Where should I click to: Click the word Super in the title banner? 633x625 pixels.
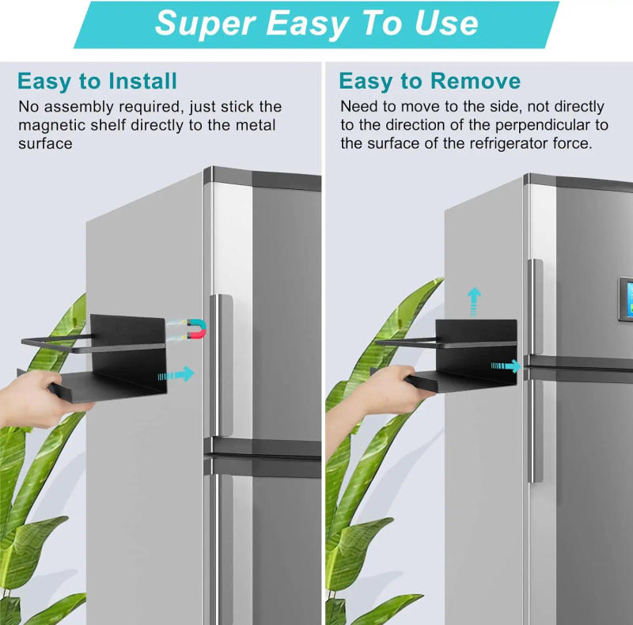205,23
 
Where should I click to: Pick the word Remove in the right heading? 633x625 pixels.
475,81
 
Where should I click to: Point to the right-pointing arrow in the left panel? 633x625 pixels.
176,373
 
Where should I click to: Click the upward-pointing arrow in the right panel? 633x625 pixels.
474,301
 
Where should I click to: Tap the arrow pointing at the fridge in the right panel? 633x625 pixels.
506,366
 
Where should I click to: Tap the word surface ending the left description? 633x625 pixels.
45,143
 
